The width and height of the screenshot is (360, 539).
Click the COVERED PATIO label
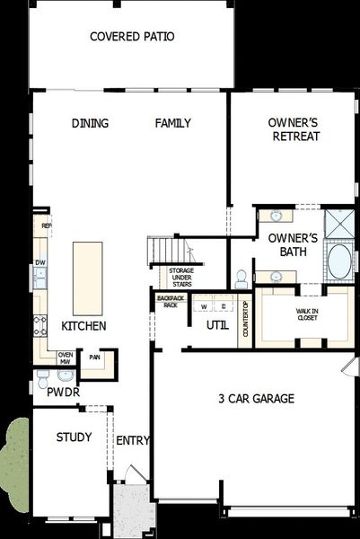(132, 37)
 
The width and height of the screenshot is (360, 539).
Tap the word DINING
(90, 123)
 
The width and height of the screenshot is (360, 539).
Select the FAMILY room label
(172, 123)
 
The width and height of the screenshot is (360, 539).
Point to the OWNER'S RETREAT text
(294, 129)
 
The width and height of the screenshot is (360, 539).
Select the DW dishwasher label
(40, 263)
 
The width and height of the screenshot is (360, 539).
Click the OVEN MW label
(65, 358)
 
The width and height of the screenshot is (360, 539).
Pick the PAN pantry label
(93, 357)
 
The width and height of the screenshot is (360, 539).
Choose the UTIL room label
(216, 325)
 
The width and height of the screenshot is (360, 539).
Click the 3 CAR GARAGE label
(256, 398)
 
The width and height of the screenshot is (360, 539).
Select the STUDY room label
(74, 437)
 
